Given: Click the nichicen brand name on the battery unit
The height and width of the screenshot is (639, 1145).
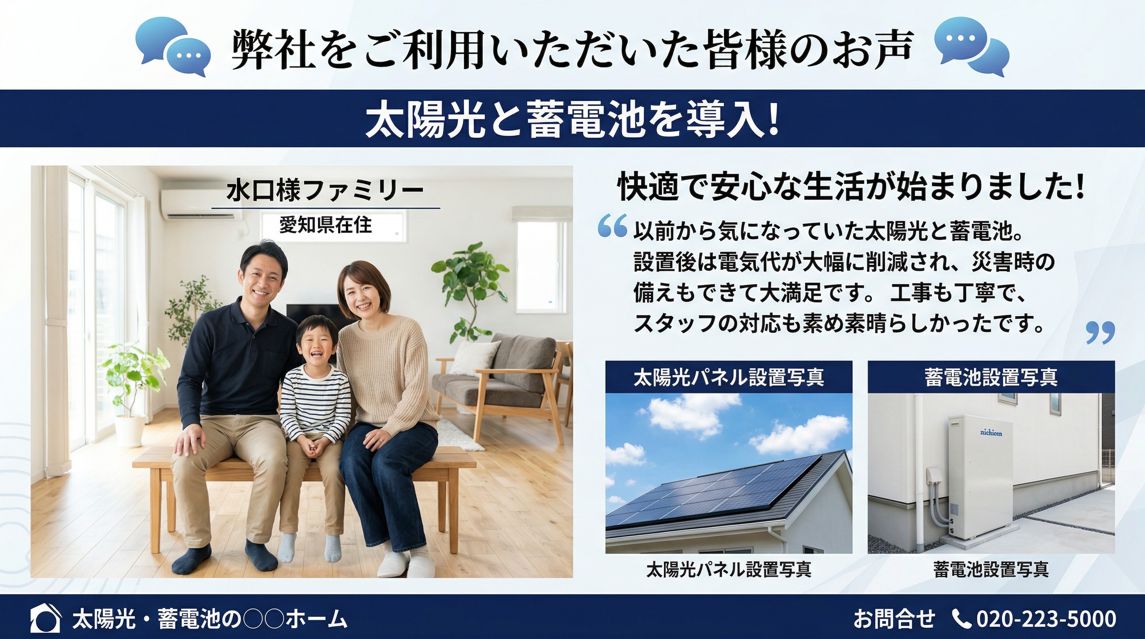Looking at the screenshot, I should click(991, 433).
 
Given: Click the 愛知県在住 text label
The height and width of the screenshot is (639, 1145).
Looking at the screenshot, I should click(325, 225).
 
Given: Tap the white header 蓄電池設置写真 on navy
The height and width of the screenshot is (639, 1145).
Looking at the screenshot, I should click(991, 377).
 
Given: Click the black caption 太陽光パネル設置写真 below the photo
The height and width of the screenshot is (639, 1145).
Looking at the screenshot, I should click(729, 569).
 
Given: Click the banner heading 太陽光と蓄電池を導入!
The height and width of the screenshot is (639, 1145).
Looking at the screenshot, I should click(572, 119).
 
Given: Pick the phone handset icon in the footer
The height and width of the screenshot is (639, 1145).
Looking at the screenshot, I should click(962, 619).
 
